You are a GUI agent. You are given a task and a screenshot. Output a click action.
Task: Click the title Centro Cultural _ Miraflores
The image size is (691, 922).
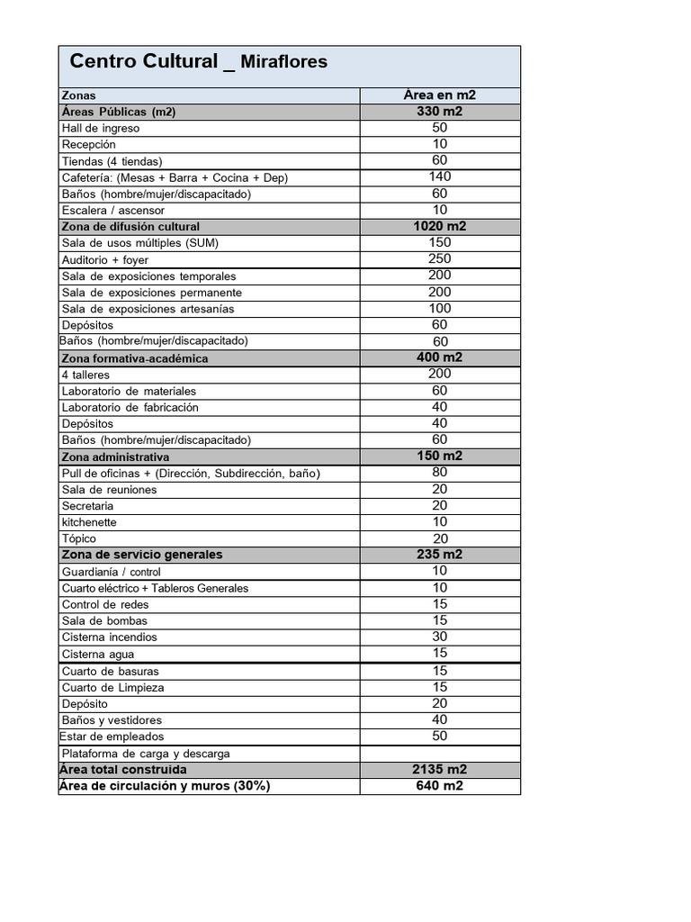point(199,62)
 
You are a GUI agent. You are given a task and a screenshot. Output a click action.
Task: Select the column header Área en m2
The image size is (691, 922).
point(440,95)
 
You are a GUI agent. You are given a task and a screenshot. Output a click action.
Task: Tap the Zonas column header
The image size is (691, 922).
point(78,95)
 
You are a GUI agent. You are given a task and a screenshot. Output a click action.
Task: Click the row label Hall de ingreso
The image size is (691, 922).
point(101,128)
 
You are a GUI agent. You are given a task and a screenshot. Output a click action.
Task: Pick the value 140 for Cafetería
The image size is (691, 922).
point(440,176)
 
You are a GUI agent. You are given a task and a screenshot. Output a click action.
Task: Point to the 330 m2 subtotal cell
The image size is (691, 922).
point(440,112)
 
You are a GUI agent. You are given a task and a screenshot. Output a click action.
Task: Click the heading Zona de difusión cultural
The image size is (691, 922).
point(130,226)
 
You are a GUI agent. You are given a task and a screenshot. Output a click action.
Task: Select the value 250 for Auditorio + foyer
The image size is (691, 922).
point(440,259)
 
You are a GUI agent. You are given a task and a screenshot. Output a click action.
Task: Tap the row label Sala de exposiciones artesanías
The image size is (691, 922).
point(148,309)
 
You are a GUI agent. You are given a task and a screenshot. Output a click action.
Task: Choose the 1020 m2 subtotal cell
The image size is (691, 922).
point(440,226)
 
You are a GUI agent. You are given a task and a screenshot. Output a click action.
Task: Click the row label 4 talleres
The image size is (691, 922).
point(85,375)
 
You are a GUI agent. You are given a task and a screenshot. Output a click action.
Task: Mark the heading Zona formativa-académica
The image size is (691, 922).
point(134,358)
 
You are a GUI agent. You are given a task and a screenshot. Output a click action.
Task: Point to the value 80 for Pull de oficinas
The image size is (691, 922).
point(440,472)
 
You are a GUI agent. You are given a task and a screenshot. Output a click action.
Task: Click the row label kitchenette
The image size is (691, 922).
point(89,522)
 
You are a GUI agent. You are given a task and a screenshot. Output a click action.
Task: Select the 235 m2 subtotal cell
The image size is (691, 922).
point(440,555)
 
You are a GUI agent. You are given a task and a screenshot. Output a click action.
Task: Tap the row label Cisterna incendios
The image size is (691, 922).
point(109,637)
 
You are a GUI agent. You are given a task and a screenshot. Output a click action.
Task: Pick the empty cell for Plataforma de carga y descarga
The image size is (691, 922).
point(440,754)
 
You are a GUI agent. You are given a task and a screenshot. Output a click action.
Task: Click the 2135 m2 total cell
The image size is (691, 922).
point(440,770)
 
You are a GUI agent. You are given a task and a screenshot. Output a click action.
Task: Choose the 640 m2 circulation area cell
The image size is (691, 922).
point(440,786)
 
